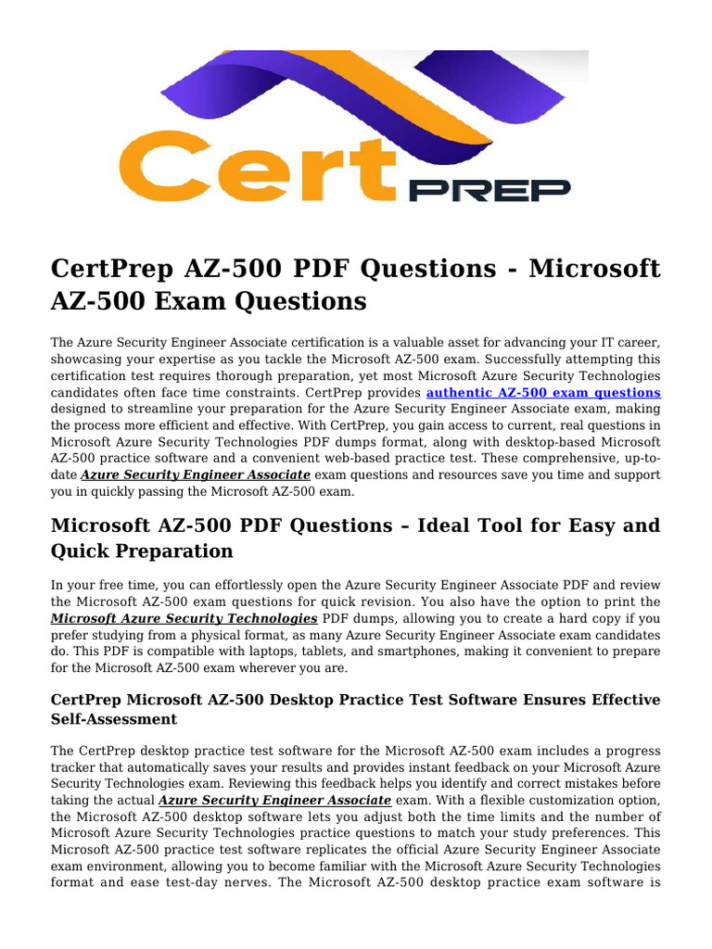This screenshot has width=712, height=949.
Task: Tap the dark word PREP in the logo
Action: pos(489,190)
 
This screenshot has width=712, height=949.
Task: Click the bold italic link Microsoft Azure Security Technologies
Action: pos(184,618)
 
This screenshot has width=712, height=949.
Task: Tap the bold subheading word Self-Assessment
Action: pos(115,719)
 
